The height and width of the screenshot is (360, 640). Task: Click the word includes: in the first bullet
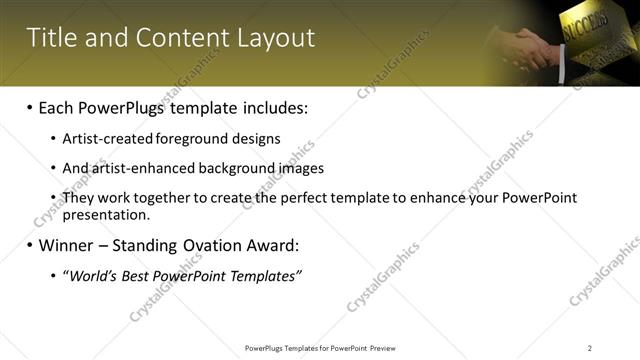pos(270,107)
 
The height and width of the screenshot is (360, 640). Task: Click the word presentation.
pos(105,215)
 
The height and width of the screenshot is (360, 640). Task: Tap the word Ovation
pos(210,245)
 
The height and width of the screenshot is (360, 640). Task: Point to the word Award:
pos(271,245)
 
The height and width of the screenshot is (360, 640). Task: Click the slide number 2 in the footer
pos(590,348)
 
